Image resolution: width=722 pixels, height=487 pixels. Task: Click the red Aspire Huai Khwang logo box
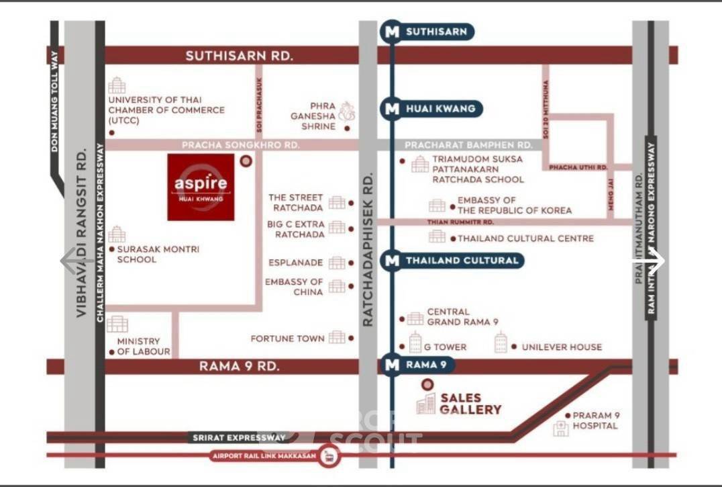tap(201, 187)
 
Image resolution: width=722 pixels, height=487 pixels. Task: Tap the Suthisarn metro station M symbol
tap(391, 31)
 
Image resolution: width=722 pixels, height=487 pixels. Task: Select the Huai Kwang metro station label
tap(440, 108)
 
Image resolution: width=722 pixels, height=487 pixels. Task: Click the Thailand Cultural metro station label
tap(462, 260)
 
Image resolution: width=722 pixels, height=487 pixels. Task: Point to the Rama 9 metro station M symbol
tap(391, 365)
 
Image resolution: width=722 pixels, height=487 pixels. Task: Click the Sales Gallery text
tap(470, 404)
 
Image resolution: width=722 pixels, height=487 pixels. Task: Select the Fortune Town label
tap(287, 339)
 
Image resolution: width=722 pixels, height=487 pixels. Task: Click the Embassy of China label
tap(294, 287)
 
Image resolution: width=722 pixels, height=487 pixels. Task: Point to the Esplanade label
tap(296, 263)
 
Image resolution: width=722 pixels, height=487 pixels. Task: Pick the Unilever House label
tap(562, 347)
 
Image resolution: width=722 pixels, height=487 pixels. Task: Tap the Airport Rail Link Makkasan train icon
tap(329, 457)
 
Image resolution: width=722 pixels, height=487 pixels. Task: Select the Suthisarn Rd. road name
tap(240, 56)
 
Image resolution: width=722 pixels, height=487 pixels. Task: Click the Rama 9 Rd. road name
tap(239, 366)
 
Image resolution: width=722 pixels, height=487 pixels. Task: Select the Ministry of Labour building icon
tap(117, 324)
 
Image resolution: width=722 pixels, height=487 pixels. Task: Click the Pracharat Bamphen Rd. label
tap(468, 145)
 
